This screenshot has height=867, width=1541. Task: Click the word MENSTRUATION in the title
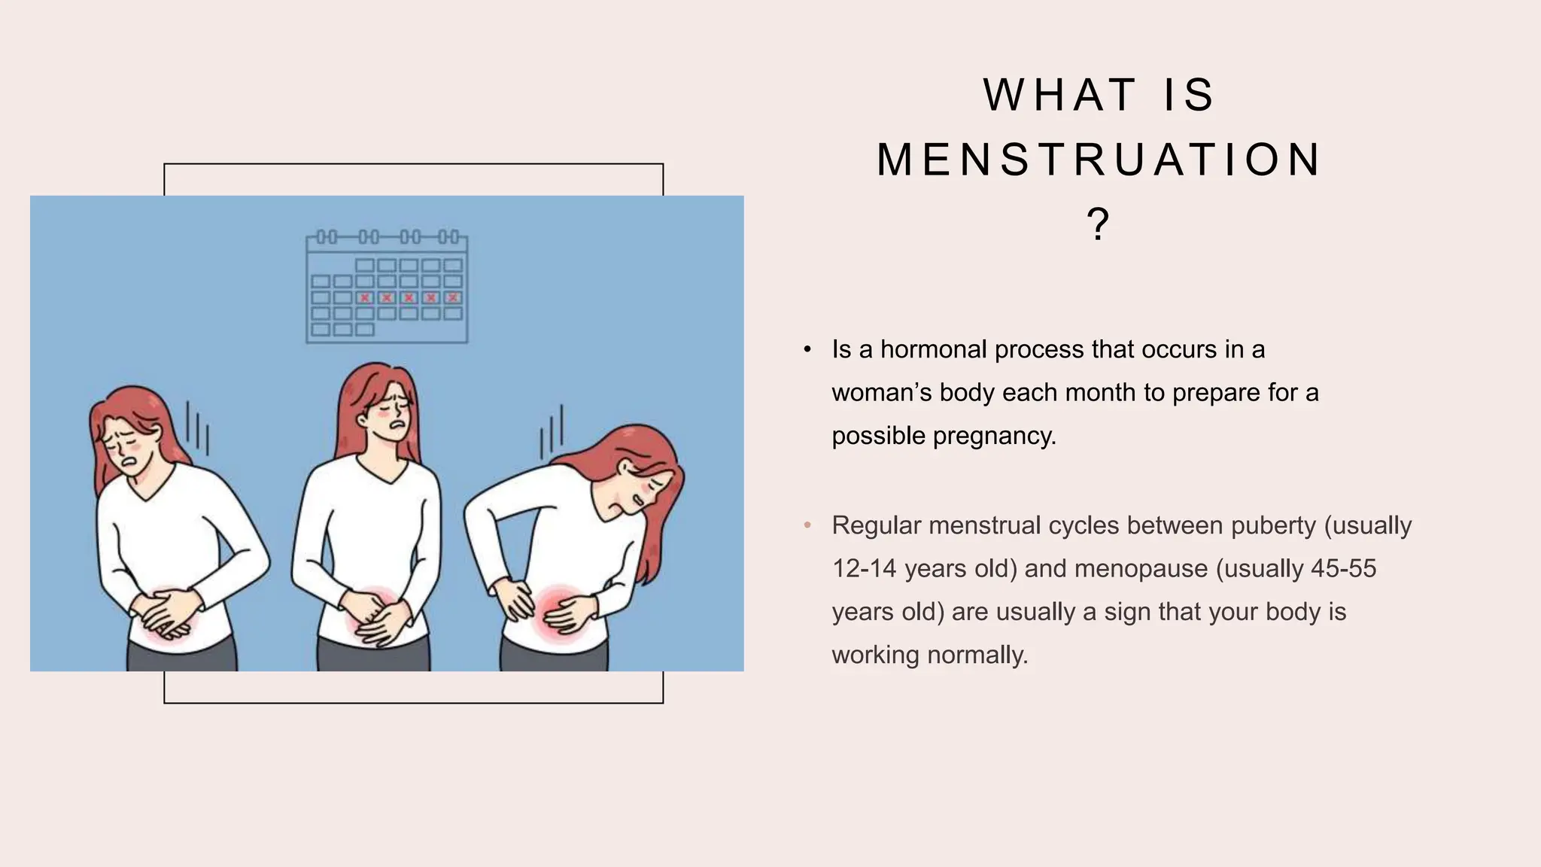click(1098, 160)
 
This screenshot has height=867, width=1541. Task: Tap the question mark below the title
click(1098, 224)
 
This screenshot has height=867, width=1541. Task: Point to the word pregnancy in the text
click(994, 436)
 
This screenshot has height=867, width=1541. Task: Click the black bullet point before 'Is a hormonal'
click(807, 350)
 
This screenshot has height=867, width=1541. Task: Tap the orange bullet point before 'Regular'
click(807, 525)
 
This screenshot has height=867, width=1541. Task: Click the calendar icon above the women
click(387, 287)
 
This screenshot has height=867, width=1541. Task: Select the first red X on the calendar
click(365, 298)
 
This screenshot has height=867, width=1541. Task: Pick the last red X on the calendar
click(453, 298)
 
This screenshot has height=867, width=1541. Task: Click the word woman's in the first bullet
click(881, 393)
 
